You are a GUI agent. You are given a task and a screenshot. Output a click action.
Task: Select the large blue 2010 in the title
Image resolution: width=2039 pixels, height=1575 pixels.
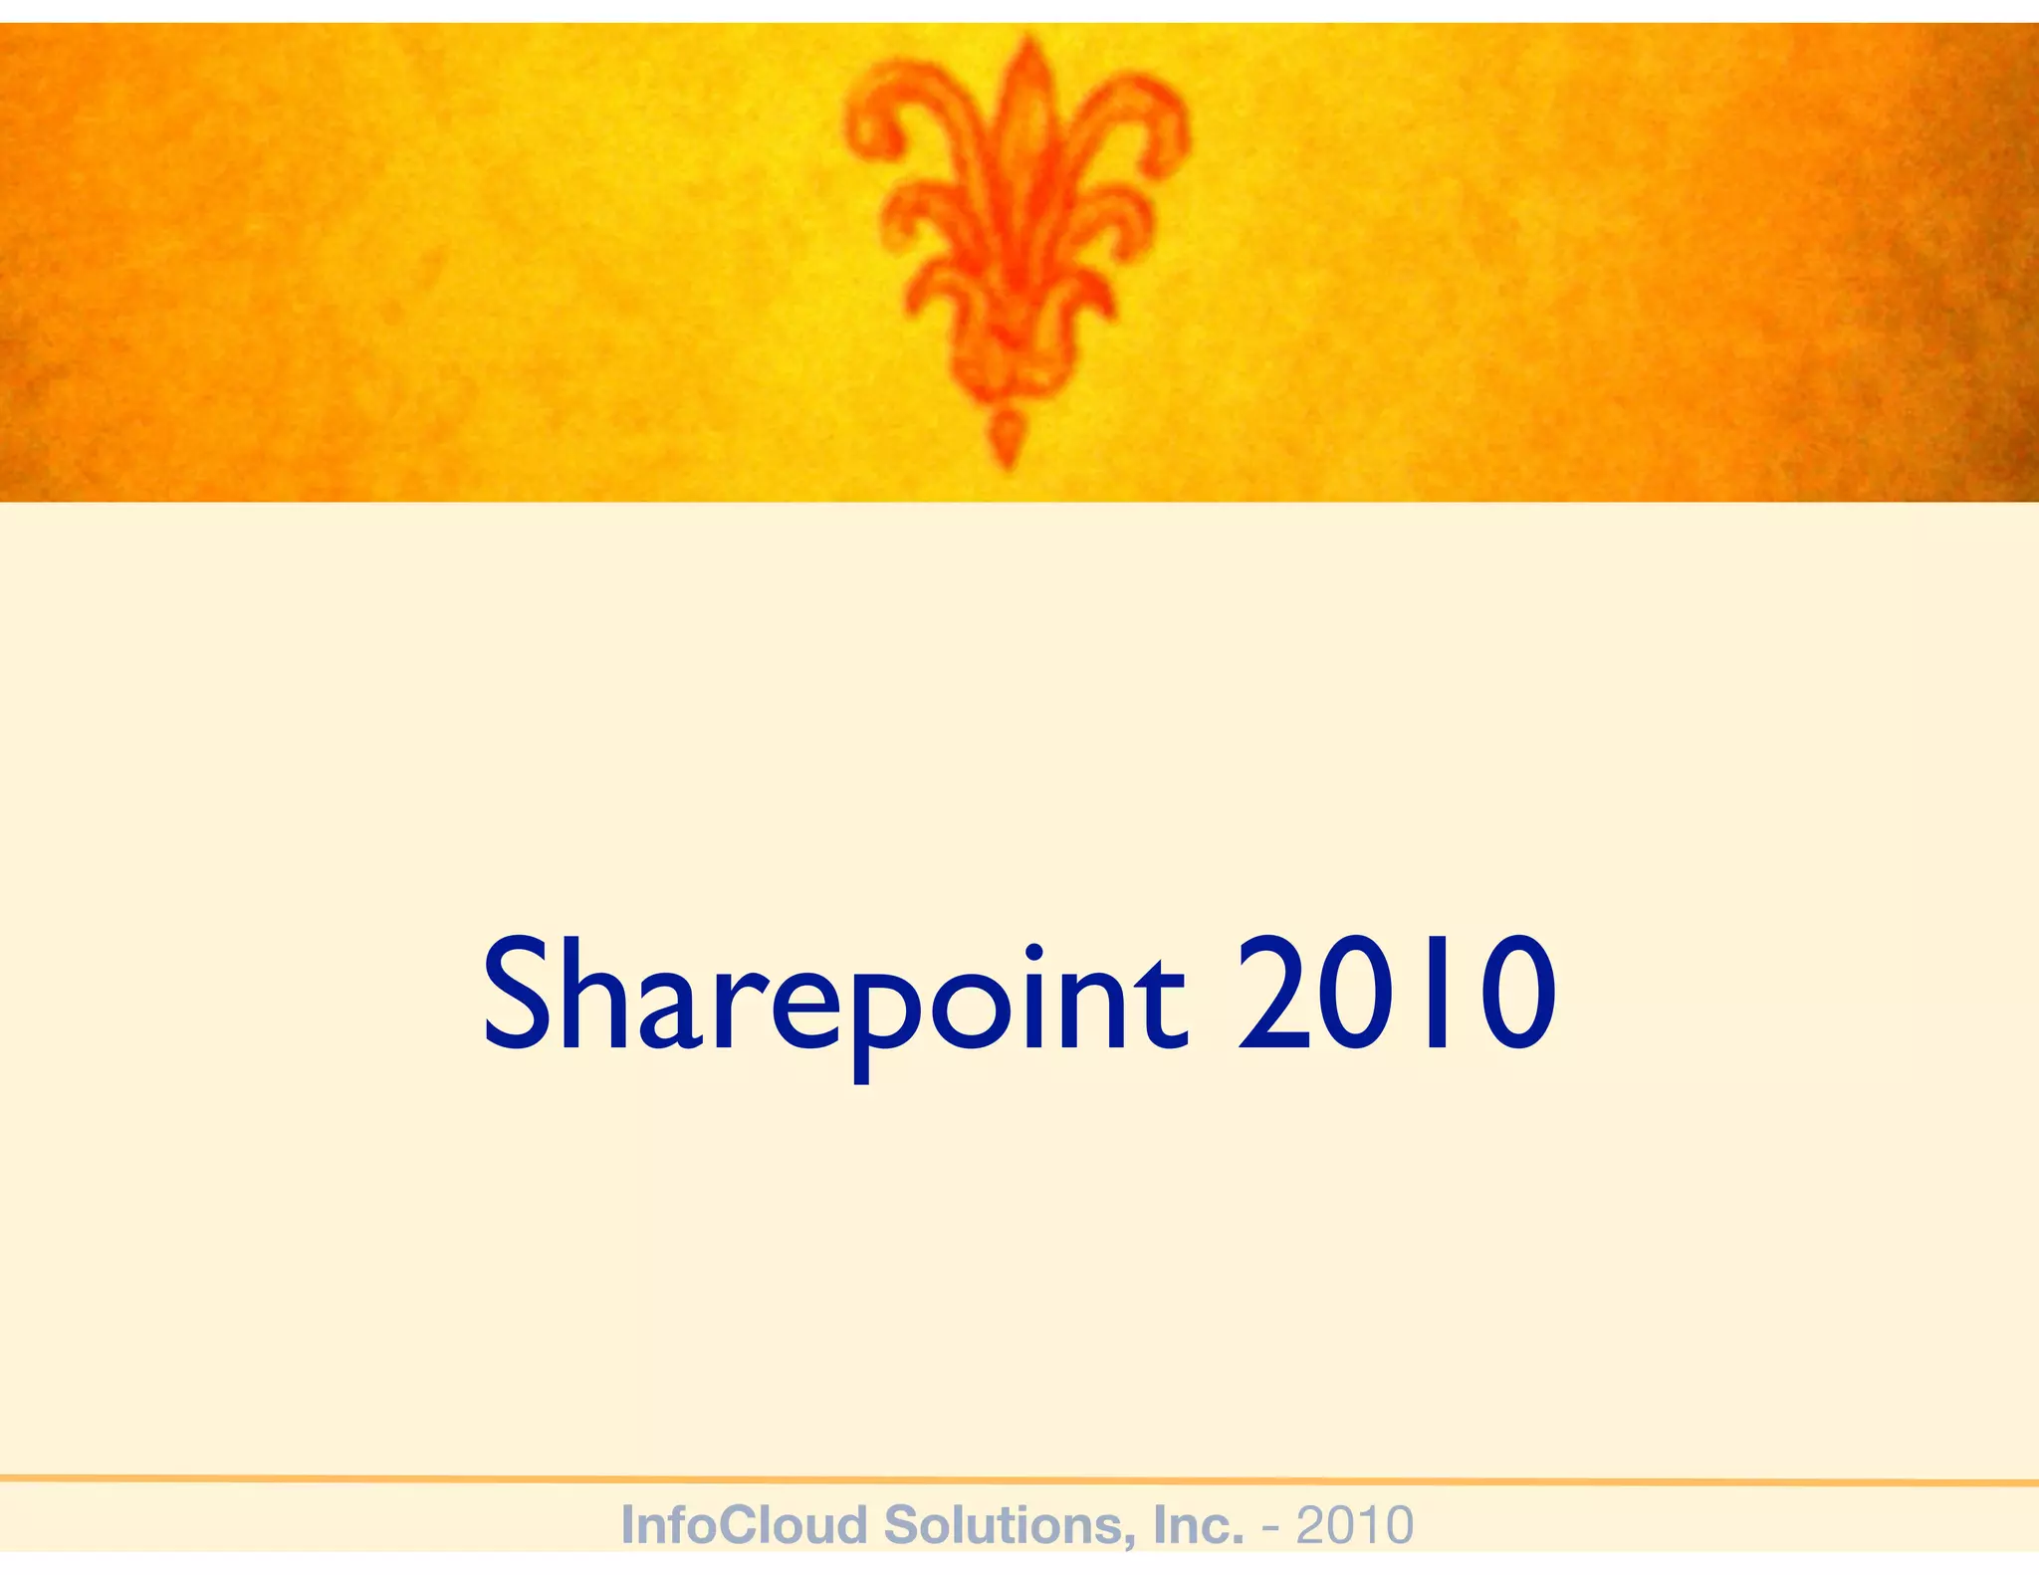(x=1396, y=996)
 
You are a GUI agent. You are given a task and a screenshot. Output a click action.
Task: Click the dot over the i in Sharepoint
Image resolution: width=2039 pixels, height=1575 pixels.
(x=1033, y=952)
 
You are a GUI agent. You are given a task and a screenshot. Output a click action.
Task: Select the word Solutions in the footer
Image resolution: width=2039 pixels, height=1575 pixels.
(x=1010, y=1525)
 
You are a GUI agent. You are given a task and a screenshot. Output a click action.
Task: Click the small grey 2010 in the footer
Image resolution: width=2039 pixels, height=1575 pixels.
(x=1355, y=1525)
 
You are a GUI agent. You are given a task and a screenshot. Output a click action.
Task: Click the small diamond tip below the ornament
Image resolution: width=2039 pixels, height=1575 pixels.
(x=1006, y=438)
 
